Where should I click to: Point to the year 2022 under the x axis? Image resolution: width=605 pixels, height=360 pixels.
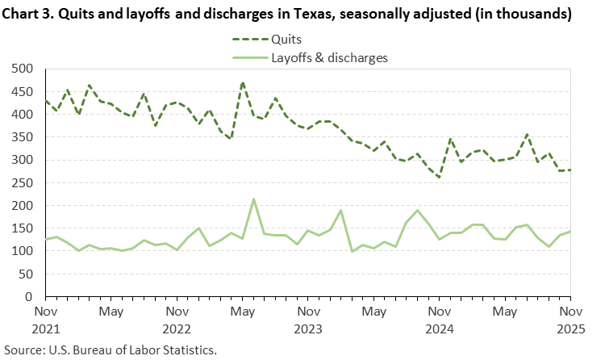pyautogui.click(x=177, y=329)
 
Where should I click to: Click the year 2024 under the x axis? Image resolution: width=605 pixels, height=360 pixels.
pyautogui.click(x=440, y=329)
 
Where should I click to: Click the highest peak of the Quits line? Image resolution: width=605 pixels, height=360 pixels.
pyautogui.click(x=243, y=82)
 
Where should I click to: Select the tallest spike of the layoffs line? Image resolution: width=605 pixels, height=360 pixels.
pyautogui.click(x=254, y=199)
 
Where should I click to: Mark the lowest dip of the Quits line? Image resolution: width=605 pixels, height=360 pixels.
pyautogui.click(x=440, y=178)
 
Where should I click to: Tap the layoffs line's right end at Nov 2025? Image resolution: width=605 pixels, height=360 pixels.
pyautogui.click(x=570, y=232)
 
